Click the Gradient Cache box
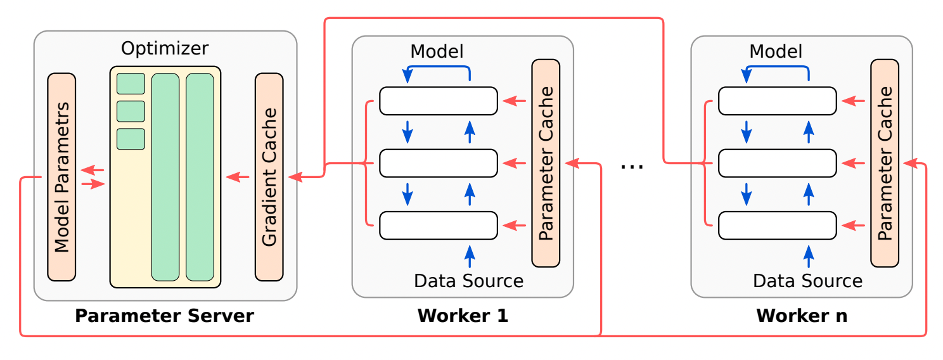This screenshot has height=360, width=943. coord(269,177)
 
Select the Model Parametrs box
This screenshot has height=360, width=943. coord(61,177)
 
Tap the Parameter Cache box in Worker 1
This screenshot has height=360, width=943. coord(546,163)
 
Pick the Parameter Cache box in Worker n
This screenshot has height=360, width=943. coord(885,163)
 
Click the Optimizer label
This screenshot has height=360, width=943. coord(165,49)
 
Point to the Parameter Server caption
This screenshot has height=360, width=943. coord(165,316)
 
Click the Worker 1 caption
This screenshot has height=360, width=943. coord(463,316)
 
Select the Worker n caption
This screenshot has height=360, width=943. coord(802,316)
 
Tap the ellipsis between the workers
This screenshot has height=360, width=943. coord(632,166)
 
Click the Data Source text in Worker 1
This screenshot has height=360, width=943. coord(469,281)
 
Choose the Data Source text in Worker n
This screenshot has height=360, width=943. coord(808,281)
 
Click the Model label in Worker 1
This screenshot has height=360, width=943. coord(437,51)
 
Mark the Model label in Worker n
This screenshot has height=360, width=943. coord(776,51)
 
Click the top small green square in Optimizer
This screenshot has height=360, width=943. coord(131,84)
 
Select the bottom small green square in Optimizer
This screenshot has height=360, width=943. coord(131,139)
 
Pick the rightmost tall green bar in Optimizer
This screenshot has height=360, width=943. coord(200,177)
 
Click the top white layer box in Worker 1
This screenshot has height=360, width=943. coord(438,101)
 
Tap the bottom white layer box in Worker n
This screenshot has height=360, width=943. coord(777,226)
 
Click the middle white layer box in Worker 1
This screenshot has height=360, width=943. coord(438,164)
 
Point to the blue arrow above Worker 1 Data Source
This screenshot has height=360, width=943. coord(470,257)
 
